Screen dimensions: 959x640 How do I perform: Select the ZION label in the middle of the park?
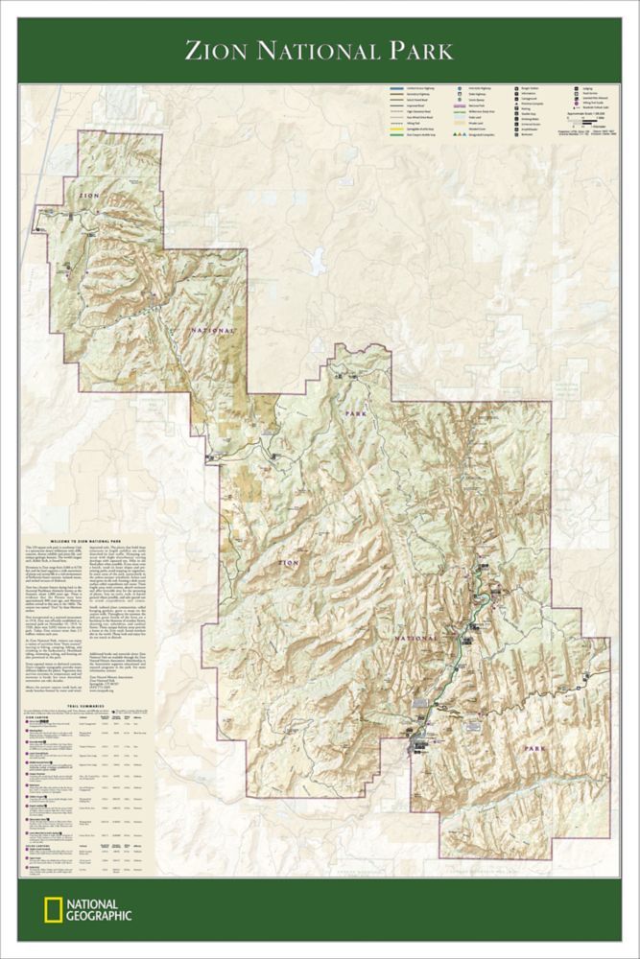click(x=289, y=560)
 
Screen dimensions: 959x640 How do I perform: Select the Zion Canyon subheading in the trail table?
click(x=36, y=715)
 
